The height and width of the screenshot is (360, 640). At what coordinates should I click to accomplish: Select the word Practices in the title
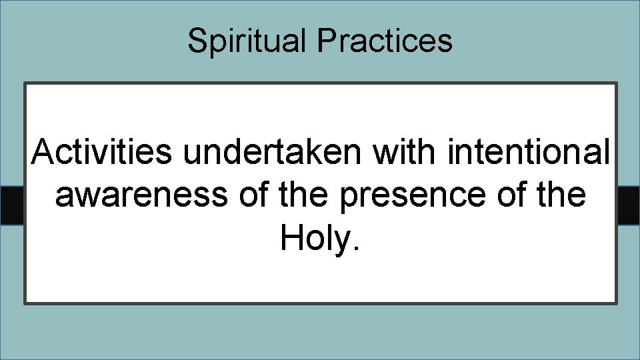tap(385, 41)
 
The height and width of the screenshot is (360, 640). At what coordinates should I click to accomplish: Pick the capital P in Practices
tap(327, 41)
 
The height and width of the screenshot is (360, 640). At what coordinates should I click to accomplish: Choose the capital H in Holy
tap(291, 238)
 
